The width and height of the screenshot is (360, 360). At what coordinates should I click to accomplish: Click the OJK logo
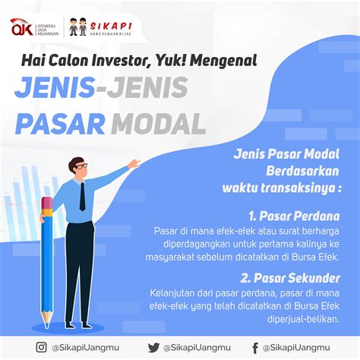tap(22, 27)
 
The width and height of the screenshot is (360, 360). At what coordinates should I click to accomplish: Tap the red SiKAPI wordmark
tap(111, 26)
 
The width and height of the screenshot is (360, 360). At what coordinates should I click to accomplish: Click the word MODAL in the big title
tap(158, 124)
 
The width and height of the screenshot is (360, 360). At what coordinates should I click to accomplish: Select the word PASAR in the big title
tap(60, 124)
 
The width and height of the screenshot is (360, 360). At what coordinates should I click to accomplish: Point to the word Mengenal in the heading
tap(223, 62)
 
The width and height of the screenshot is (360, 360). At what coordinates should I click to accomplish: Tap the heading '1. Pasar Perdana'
tap(294, 216)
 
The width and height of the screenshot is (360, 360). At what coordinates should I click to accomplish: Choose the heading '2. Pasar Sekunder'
tap(290, 278)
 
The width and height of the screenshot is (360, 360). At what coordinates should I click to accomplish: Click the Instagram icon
tap(41, 347)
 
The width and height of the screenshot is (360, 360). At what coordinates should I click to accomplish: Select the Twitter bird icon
tap(153, 348)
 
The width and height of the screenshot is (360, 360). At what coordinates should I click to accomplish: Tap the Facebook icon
tap(255, 348)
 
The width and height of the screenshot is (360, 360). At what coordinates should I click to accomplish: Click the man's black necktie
tap(83, 197)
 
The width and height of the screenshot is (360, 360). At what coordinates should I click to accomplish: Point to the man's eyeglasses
tap(81, 166)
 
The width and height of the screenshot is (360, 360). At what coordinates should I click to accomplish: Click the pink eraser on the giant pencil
tap(47, 203)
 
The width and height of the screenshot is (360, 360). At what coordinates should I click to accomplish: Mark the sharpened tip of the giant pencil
tap(47, 325)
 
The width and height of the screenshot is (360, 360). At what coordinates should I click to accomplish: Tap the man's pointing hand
tap(134, 164)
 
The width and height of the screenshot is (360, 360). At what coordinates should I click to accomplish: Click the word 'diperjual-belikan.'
tap(303, 319)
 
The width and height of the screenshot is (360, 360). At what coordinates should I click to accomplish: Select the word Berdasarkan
tap(302, 171)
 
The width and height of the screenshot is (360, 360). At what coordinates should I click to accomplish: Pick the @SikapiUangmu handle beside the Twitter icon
tap(197, 348)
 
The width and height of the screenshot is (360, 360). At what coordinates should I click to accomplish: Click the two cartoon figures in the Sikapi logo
tap(78, 27)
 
